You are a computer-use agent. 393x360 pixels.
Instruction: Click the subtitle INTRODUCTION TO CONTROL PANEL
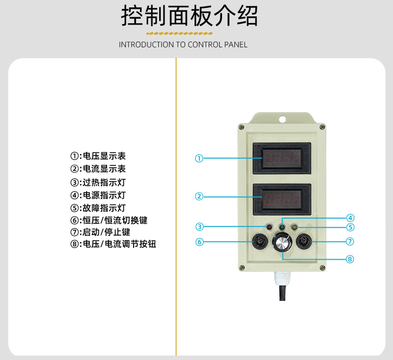coord(183,45)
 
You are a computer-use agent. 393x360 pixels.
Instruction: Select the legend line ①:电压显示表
coord(98,156)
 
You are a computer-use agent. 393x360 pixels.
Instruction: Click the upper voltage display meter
coord(282,158)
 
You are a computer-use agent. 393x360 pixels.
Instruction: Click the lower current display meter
coord(282,199)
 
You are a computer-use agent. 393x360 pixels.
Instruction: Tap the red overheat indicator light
coord(269,227)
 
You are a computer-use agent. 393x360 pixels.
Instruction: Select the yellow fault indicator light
coord(295,227)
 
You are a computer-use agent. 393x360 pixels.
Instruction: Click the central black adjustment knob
coord(282,242)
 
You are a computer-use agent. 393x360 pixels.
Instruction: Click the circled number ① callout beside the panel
coord(199,158)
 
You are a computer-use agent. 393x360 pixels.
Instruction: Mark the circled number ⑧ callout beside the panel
coord(350,259)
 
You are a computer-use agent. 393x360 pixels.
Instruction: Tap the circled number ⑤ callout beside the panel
coord(350,227)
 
